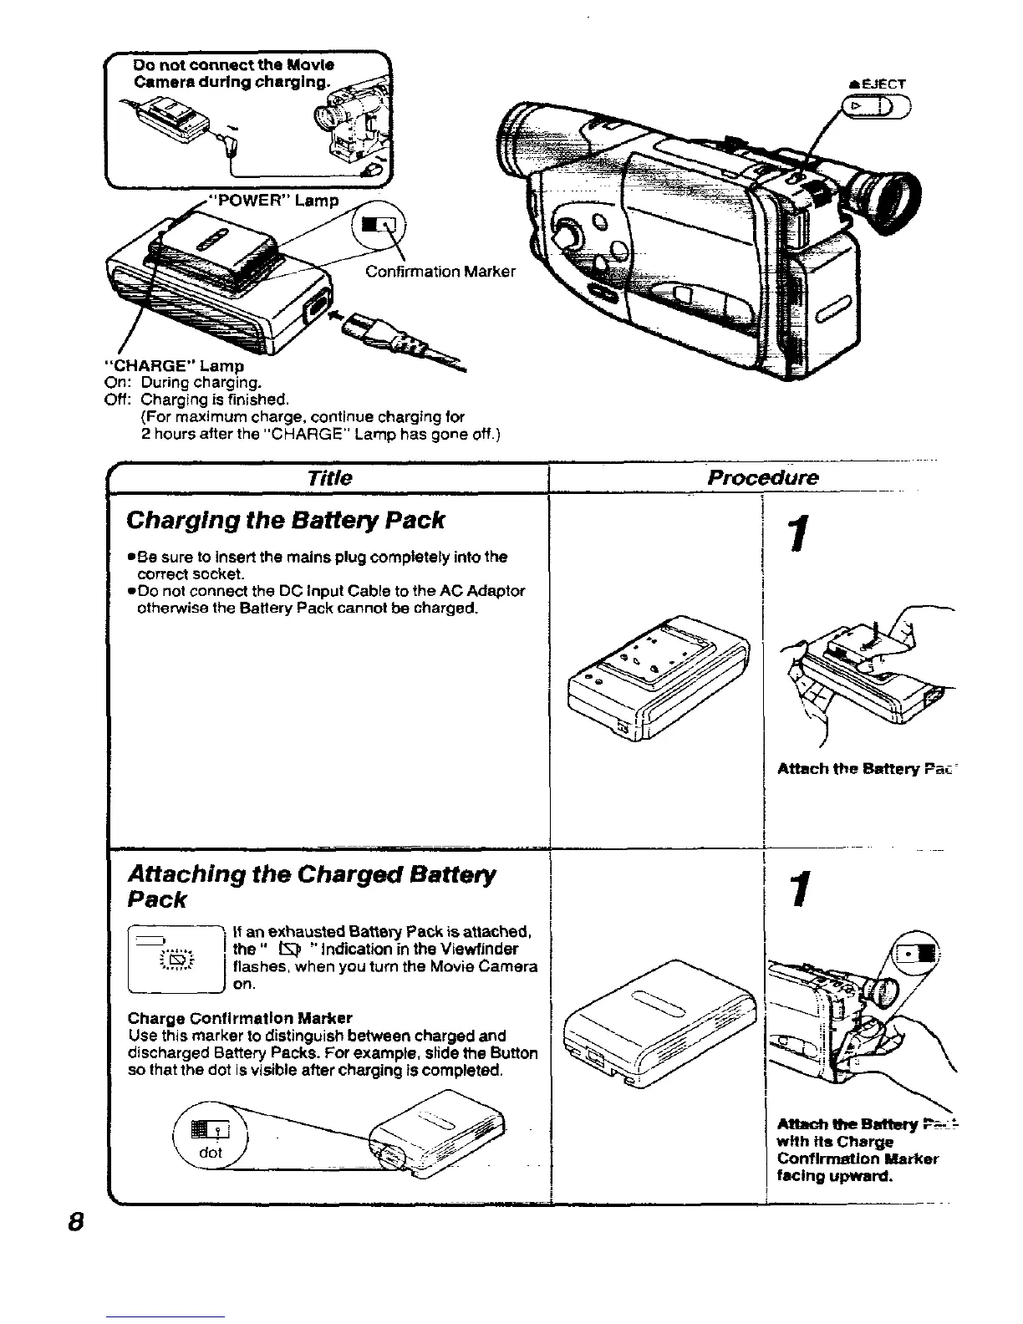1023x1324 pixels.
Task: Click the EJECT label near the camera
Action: tap(883, 84)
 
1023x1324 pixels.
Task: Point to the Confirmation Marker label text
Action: tap(440, 272)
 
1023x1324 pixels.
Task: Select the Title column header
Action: tap(329, 478)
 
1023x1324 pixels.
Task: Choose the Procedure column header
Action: tap(762, 478)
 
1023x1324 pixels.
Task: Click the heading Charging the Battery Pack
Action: tap(285, 521)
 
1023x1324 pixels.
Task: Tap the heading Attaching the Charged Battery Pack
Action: tap(311, 887)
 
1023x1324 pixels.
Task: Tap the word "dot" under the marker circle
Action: tap(211, 1153)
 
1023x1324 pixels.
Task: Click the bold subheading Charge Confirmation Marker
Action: tap(239, 1018)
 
